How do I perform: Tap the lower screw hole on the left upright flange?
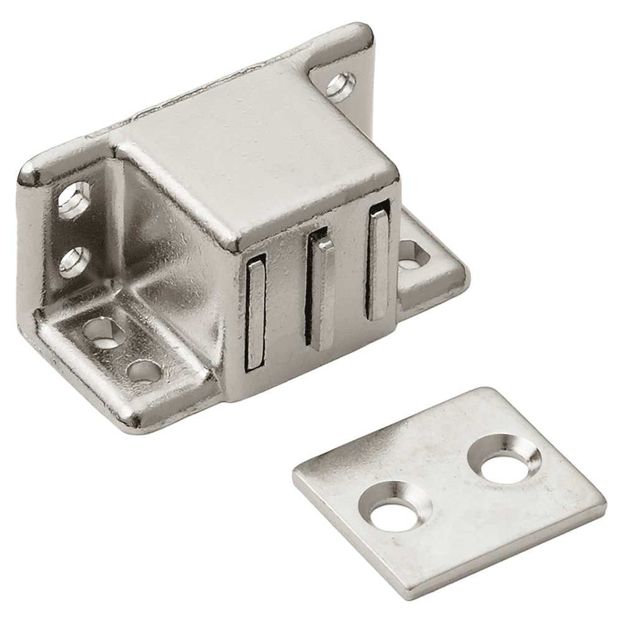[74, 262]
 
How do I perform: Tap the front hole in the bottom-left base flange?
[143, 371]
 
